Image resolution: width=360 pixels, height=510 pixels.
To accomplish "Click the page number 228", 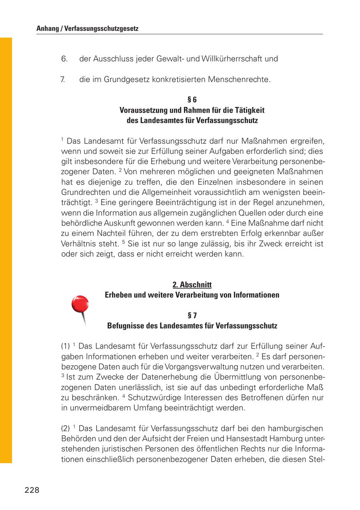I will pyautogui.click(x=32, y=490).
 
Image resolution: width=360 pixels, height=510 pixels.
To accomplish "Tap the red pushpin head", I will pyautogui.click(x=80, y=304).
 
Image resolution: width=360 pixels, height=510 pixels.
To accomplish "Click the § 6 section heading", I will pyautogui.click(x=192, y=100).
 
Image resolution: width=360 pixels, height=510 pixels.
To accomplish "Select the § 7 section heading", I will pyautogui.click(x=192, y=315).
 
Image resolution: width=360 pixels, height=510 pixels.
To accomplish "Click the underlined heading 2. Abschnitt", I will pyautogui.click(x=192, y=285).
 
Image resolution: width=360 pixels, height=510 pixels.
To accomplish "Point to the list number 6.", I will pyautogui.click(x=64, y=59).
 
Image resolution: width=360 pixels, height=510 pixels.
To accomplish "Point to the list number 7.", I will pyautogui.click(x=63, y=80).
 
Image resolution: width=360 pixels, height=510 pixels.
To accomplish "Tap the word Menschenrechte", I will pyautogui.click(x=239, y=80).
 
